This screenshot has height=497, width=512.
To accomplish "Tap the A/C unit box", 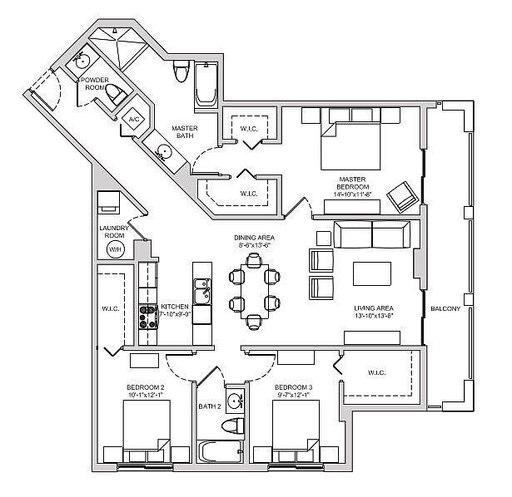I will click(x=132, y=120).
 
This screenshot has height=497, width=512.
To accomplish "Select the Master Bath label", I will click(x=184, y=133).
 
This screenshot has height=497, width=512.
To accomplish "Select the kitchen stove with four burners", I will click(x=148, y=317).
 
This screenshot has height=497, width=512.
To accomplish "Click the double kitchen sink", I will click(x=201, y=293).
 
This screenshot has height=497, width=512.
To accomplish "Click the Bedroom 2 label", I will click(x=145, y=387).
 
